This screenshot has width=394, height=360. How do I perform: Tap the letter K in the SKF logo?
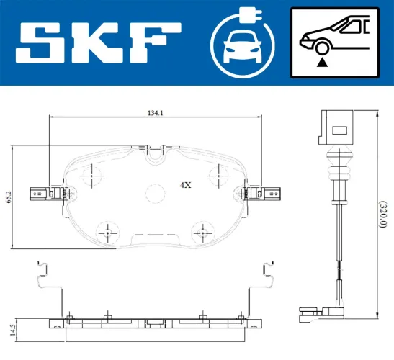tap(102, 42)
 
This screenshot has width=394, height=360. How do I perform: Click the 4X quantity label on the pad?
tap(184, 185)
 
